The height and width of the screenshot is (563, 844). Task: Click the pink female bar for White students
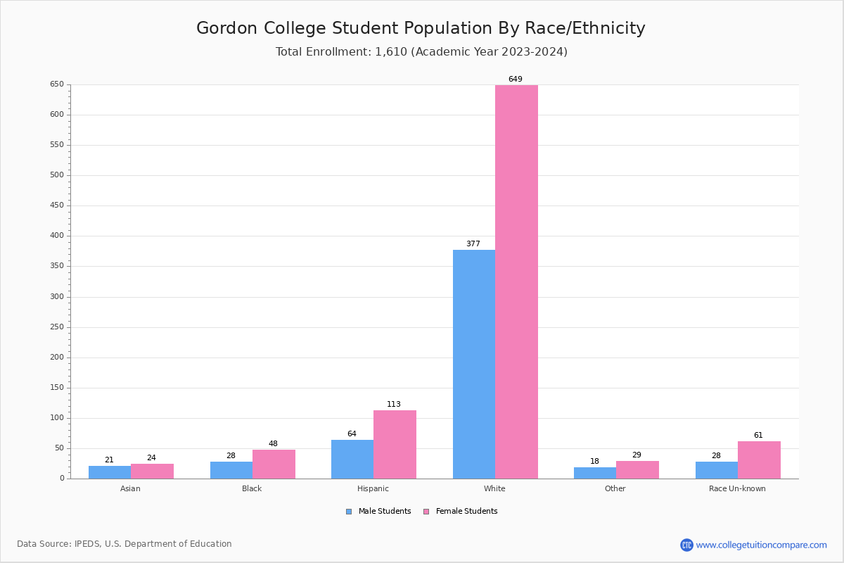pyautogui.click(x=516, y=281)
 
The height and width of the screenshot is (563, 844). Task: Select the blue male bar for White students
pyautogui.click(x=473, y=364)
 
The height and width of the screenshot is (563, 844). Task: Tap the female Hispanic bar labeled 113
pyautogui.click(x=395, y=444)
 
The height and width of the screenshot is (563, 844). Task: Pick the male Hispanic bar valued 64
pyautogui.click(x=352, y=459)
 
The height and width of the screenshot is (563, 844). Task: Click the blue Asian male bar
pyautogui.click(x=110, y=472)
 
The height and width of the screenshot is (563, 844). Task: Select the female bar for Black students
pyautogui.click(x=274, y=464)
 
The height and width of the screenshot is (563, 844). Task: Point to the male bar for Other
pyautogui.click(x=595, y=473)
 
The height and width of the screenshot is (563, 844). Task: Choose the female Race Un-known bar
pyautogui.click(x=759, y=460)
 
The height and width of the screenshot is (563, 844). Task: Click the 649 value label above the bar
pyautogui.click(x=516, y=80)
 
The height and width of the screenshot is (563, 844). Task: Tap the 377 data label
pyautogui.click(x=473, y=244)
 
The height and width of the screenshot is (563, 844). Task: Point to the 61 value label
pyautogui.click(x=758, y=436)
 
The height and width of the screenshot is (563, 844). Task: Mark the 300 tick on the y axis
pyautogui.click(x=56, y=297)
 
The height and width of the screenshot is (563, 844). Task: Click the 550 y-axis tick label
pyautogui.click(x=56, y=145)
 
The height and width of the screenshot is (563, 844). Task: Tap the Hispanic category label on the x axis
pyautogui.click(x=373, y=488)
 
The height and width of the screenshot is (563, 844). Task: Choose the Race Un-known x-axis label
pyautogui.click(x=737, y=488)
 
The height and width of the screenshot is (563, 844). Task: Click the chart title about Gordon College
pyautogui.click(x=421, y=28)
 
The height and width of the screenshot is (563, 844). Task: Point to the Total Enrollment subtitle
pyautogui.click(x=421, y=52)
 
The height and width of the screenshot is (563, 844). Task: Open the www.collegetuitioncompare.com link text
pyautogui.click(x=761, y=545)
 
